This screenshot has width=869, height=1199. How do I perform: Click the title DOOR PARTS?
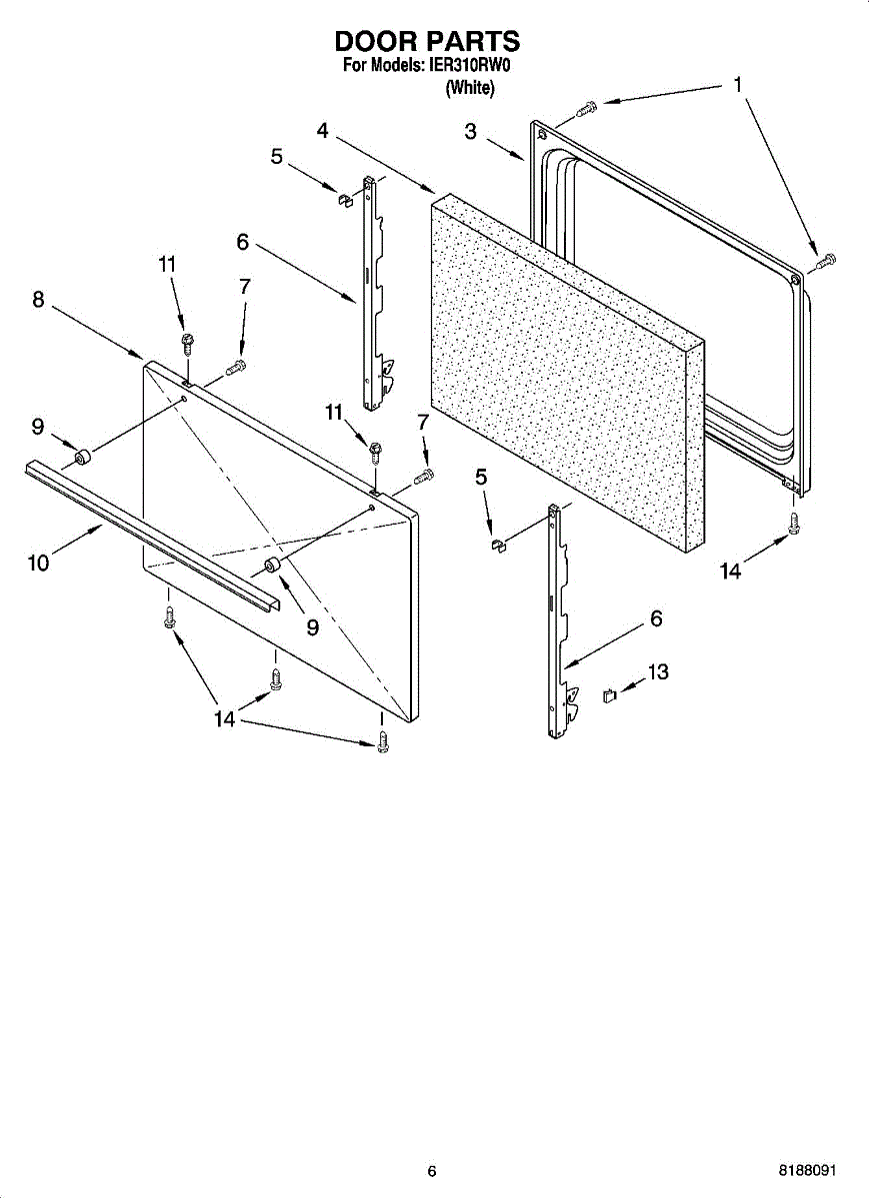427,41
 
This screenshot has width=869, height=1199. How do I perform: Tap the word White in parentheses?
469,88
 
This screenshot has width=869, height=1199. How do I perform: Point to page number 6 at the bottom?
432,1171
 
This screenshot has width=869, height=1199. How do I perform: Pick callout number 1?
737,85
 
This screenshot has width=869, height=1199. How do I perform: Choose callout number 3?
471,132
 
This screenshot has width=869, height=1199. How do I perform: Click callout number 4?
322,130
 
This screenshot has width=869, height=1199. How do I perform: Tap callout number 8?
38,299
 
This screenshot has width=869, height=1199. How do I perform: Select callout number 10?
38,563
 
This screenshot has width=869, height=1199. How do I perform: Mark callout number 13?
657,672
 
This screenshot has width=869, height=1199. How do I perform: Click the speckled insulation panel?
560,370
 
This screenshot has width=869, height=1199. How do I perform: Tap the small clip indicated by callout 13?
607,694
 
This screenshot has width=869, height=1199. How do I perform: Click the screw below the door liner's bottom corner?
794,522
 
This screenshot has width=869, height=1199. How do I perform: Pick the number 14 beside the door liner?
731,572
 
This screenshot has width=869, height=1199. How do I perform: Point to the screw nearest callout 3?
588,105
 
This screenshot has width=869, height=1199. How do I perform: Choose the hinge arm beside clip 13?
556,619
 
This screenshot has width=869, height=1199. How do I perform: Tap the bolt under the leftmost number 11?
187,342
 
